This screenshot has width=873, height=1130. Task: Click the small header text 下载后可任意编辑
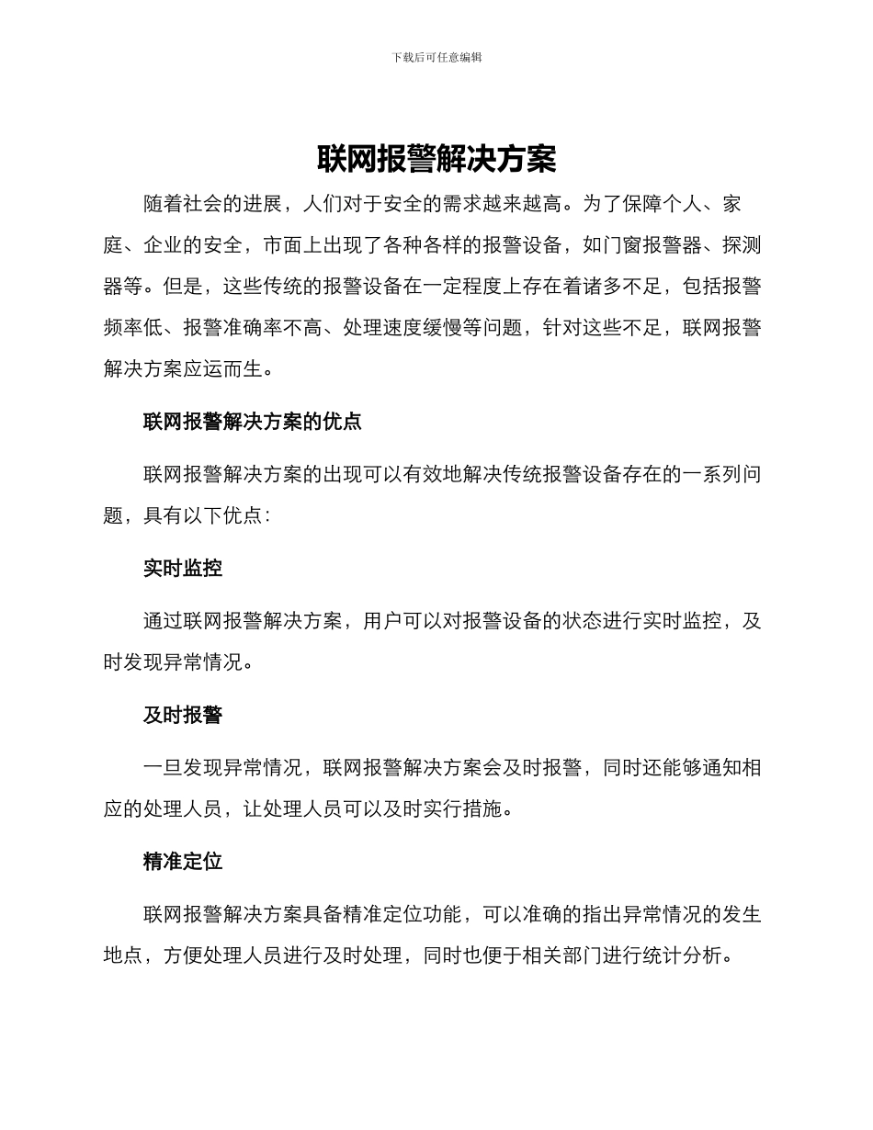[436, 57]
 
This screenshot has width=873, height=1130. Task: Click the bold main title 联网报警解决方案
[436, 159]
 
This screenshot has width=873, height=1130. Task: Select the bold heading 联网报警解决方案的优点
[253, 422]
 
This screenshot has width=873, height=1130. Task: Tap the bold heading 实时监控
[183, 569]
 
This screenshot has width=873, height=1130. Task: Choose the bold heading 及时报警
[183, 716]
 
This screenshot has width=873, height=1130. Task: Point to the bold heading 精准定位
[183, 863]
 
